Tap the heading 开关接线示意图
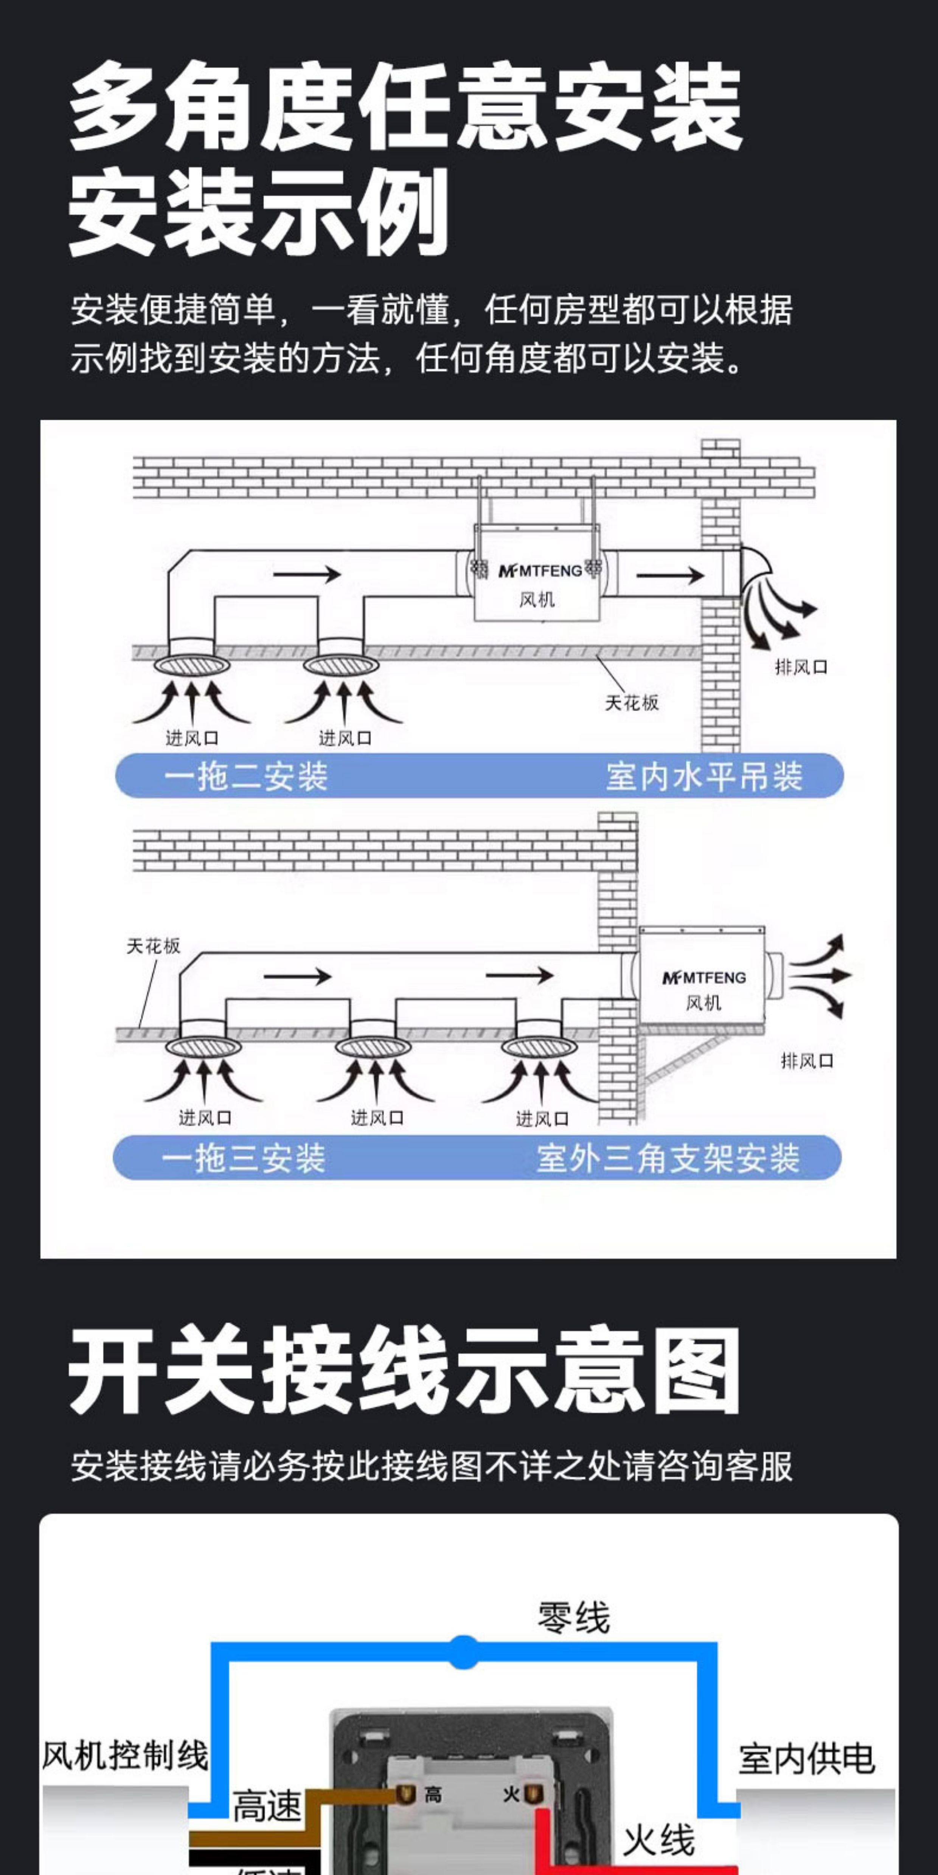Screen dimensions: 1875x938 (x=405, y=1370)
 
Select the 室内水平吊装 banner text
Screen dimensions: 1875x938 (x=703, y=776)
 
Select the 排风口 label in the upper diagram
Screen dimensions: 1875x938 (x=801, y=667)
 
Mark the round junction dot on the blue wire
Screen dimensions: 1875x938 (x=463, y=1652)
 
